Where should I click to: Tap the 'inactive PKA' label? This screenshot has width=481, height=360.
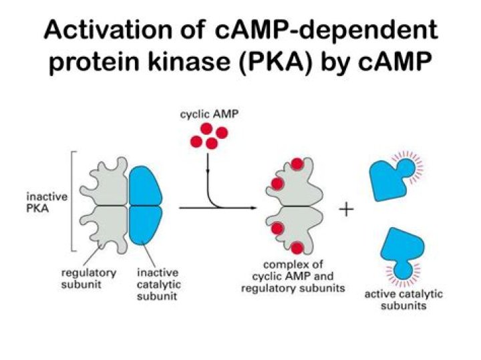coord(45,202)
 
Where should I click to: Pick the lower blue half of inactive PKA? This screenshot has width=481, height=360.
coord(148,226)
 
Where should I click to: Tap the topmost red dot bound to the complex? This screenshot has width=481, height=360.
coord(298,165)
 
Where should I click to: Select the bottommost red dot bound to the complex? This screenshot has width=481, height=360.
coord(299,249)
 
